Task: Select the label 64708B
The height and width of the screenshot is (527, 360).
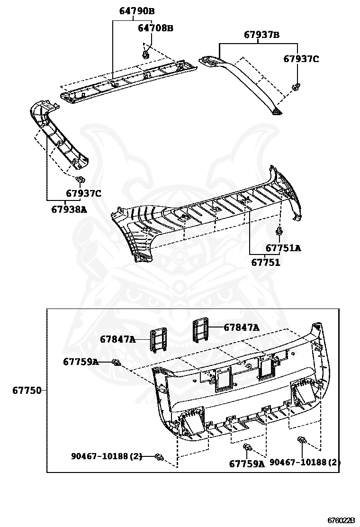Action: (x=155, y=28)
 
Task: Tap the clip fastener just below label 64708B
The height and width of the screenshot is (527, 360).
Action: (x=145, y=55)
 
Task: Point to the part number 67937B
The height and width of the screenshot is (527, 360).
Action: (x=261, y=35)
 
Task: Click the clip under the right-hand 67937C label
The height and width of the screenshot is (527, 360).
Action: (x=296, y=87)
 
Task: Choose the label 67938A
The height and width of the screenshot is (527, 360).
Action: (x=69, y=209)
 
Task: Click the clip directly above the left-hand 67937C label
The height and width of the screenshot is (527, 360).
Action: (x=80, y=180)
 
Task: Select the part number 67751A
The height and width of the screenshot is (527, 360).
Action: (x=283, y=248)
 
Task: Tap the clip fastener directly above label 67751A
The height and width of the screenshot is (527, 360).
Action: (x=279, y=232)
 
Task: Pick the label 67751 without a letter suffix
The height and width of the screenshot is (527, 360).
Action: (x=265, y=262)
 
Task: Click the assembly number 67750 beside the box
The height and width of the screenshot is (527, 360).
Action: (x=27, y=391)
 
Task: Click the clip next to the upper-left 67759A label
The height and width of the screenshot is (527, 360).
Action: (x=116, y=363)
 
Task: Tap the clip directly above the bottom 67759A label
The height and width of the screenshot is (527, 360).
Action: (x=247, y=448)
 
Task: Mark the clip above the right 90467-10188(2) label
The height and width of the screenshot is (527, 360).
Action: (x=301, y=441)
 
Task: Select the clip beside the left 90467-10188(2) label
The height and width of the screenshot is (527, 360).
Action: (x=160, y=457)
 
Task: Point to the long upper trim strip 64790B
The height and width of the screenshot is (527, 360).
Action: (x=128, y=81)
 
